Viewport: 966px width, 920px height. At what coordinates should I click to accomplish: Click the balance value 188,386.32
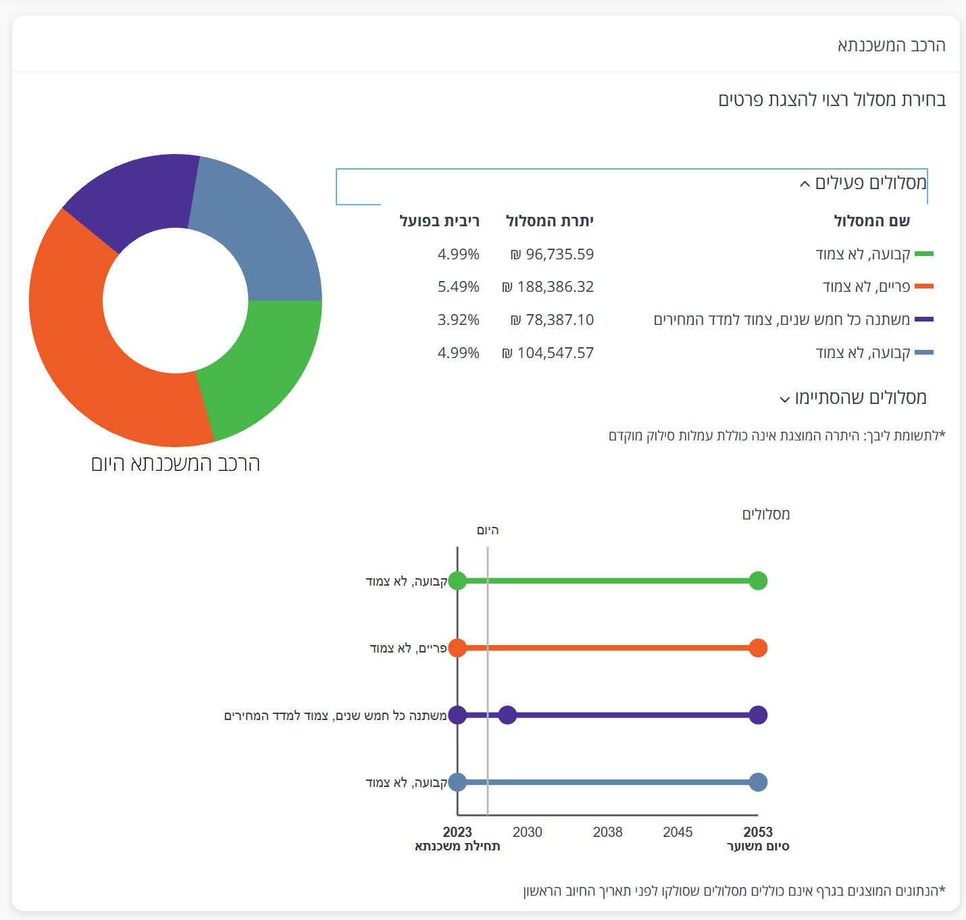coord(548,287)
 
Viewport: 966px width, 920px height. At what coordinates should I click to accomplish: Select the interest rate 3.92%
coord(458,320)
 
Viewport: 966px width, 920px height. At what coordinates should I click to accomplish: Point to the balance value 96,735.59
coord(552,255)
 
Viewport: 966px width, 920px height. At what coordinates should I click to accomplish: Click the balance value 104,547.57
coord(548,353)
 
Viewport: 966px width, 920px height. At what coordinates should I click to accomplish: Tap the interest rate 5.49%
coord(458,287)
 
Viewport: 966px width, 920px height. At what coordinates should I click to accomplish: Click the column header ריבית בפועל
coord(439,221)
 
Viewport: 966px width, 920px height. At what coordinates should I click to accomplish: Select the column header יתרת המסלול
coord(549,221)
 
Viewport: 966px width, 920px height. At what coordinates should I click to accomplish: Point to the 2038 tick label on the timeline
coord(607,832)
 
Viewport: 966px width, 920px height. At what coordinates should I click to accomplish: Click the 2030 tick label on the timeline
coord(527,832)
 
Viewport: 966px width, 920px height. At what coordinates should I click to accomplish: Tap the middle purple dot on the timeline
coord(507,715)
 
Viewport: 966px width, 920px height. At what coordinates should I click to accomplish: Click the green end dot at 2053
coord(758,580)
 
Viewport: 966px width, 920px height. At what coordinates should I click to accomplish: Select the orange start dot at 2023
coord(457,648)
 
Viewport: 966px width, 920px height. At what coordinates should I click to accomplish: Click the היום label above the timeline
coord(488,530)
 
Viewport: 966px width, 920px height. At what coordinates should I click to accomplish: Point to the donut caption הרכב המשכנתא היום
coord(176,463)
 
